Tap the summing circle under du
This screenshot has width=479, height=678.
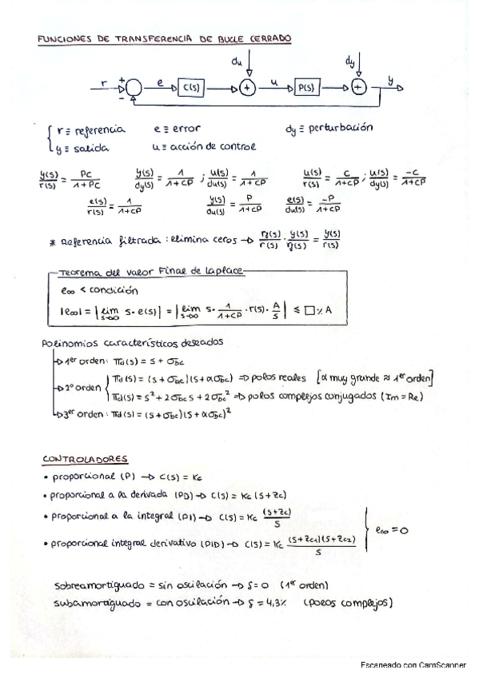coord(248,87)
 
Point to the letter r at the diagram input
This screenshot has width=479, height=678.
coord(105,82)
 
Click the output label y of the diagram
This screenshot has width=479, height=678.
coord(391,80)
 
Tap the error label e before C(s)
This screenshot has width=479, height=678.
coord(160,82)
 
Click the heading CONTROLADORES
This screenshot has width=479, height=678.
coord(86,459)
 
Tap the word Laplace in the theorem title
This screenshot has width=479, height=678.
coord(227,271)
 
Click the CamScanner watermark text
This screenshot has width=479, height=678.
coord(413,664)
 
